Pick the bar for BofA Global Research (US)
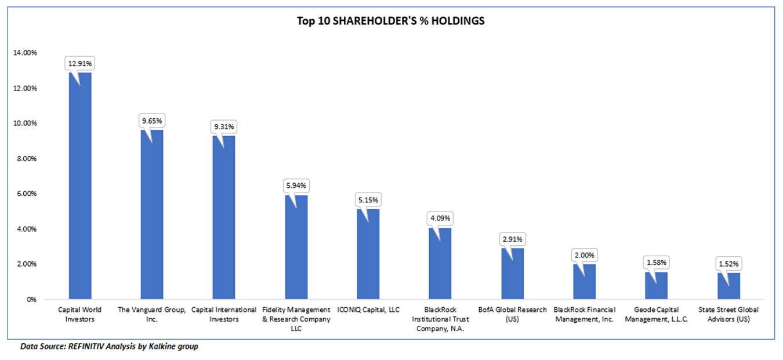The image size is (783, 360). pos(512,275)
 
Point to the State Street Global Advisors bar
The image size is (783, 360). pos(728,287)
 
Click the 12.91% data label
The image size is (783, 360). pos(80,63)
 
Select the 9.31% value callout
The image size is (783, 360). pos(224,126)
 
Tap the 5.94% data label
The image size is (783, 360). pos(296,186)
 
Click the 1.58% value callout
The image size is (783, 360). pos(656,263)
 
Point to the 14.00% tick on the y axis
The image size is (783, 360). pos(25,53)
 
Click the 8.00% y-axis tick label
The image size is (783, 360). pos(27,158)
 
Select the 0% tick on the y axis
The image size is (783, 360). pos(32,299)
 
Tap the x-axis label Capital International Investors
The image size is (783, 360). pos(224,315)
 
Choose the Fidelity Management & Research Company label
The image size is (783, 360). pos(296,319)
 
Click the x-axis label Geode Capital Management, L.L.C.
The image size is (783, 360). pos(656,315)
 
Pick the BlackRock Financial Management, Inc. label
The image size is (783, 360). pos(584,315)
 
